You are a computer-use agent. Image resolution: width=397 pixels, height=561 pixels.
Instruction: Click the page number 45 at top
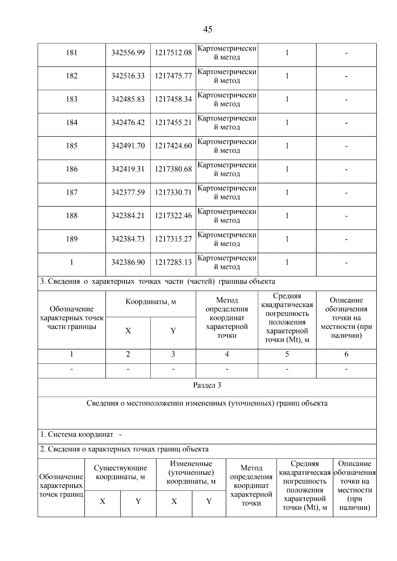207,29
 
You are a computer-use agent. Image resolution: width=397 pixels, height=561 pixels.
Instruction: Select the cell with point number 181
71,53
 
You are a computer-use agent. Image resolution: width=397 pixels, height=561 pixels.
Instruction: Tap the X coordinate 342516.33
128,76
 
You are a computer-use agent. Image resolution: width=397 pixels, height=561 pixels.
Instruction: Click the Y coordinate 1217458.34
173,99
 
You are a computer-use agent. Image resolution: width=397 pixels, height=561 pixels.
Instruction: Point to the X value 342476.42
128,123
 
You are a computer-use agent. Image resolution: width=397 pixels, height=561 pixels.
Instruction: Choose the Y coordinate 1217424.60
173,146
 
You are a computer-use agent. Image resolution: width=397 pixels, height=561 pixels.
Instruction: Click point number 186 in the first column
71,169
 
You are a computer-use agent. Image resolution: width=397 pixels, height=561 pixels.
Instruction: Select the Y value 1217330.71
173,192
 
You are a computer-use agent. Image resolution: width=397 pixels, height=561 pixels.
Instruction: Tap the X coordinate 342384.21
128,216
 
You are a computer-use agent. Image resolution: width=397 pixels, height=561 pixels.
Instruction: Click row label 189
71,239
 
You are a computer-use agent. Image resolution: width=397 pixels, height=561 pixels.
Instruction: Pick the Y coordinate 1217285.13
173,262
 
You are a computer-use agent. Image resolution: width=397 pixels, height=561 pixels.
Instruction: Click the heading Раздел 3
207,385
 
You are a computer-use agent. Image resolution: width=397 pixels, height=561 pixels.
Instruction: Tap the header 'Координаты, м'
151,302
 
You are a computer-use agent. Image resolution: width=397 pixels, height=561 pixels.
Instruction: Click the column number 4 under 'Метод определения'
227,354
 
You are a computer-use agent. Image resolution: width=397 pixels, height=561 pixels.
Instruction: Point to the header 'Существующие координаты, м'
120,472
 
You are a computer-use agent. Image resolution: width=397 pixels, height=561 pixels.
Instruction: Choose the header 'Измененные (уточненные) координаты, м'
191,472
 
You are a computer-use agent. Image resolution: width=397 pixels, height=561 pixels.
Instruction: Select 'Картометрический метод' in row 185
227,146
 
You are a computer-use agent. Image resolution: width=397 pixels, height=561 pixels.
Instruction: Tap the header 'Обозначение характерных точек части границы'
71,318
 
